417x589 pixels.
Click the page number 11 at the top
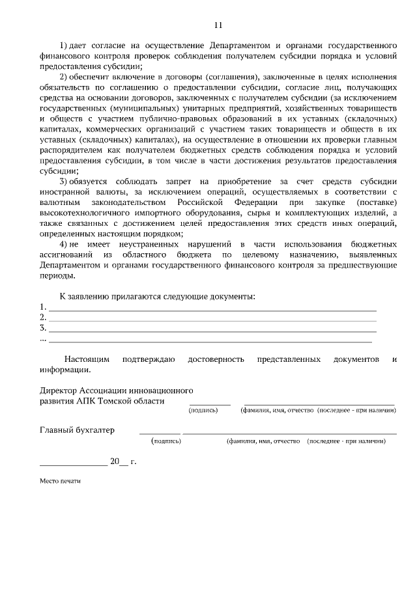point(218,25)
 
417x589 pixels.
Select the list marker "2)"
point(64,77)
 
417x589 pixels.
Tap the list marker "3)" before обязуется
point(64,180)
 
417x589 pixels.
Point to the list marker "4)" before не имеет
point(64,243)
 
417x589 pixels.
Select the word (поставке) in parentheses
point(374,202)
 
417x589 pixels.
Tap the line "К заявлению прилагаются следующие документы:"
point(157,296)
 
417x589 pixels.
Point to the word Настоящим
point(87,359)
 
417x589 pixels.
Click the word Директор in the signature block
point(59,390)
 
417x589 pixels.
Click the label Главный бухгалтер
point(77,430)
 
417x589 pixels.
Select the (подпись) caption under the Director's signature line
point(203,411)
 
